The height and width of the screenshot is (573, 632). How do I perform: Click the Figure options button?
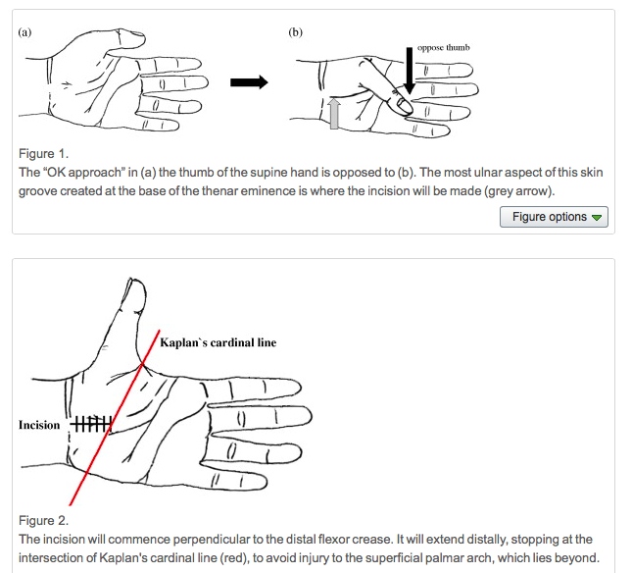coord(554,217)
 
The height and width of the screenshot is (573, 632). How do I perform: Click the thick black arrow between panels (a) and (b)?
coord(249,82)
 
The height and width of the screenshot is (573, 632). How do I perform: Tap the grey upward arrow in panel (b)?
coord(335,114)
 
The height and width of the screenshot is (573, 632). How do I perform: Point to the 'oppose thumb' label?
coord(443,47)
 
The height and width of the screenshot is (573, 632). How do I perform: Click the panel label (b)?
coord(296,31)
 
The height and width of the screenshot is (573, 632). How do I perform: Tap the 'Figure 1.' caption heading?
coord(44,154)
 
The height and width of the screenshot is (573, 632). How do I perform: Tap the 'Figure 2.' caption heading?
coord(44,520)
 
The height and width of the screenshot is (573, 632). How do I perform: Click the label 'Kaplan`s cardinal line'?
coord(218,342)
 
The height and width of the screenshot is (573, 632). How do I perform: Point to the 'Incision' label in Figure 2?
coord(39,425)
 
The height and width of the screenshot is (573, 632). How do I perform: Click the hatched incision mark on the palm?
coord(92,424)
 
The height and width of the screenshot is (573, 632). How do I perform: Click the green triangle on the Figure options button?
coord(597,218)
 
